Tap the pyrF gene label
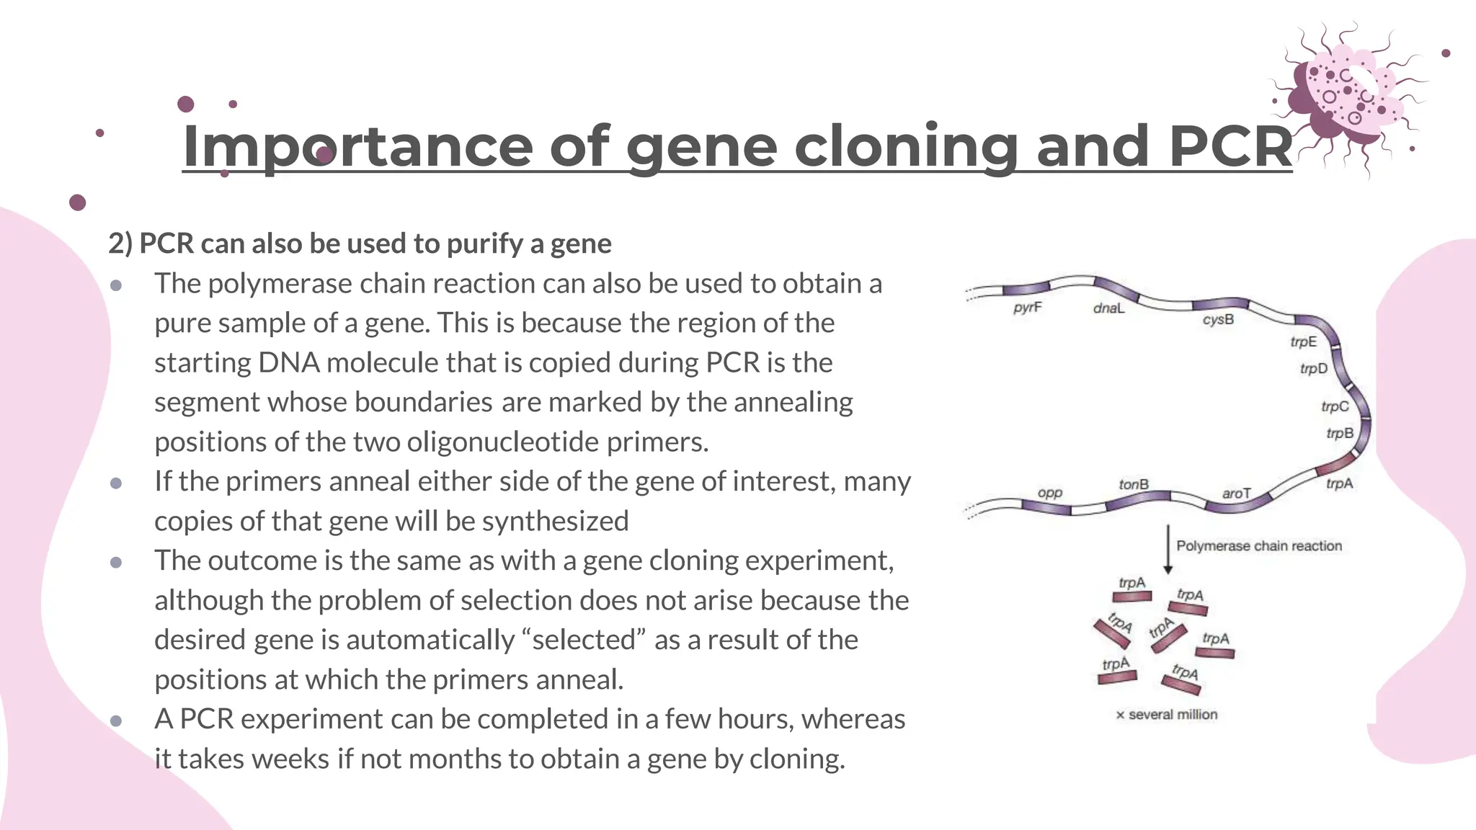point(1027,308)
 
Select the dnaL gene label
point(1108,308)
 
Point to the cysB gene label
point(1218,319)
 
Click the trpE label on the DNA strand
point(1303,342)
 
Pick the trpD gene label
point(1313,369)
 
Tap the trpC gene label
point(1335,406)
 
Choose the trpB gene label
point(1340,433)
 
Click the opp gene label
point(1050,493)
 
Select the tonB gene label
point(1134,484)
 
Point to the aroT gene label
point(1236,494)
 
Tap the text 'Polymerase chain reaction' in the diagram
point(1259,546)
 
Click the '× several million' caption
point(1167,715)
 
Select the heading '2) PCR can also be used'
point(360,244)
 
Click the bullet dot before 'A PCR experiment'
point(116,720)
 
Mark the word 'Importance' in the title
point(357,146)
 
